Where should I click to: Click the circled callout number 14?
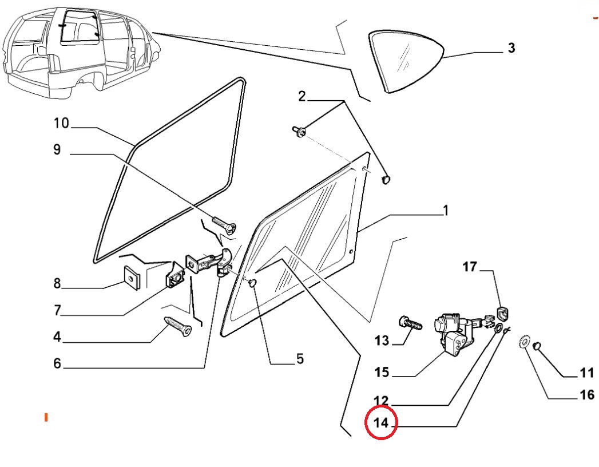pyautogui.click(x=381, y=423)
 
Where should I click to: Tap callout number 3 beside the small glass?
pyautogui.click(x=511, y=48)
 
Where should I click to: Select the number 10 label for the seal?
pyautogui.click(x=61, y=123)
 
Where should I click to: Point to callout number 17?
pyautogui.click(x=470, y=267)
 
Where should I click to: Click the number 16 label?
pyautogui.click(x=587, y=394)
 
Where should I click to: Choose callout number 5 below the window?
pyautogui.click(x=300, y=359)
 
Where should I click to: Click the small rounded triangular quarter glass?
pyautogui.click(x=406, y=62)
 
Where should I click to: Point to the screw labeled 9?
pyautogui.click(x=224, y=225)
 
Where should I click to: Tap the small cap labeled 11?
pyautogui.click(x=537, y=346)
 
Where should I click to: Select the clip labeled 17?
pyautogui.click(x=503, y=313)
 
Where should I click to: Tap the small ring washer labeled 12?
pyautogui.click(x=498, y=328)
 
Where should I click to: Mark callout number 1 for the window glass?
pyautogui.click(x=446, y=211)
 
